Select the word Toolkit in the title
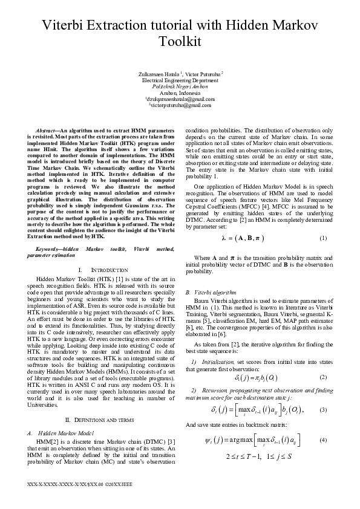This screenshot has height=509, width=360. point(180,42)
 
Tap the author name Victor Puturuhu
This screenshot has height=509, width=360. point(203,74)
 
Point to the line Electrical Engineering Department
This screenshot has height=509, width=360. point(180,80)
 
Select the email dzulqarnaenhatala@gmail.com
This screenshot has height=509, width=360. point(180,99)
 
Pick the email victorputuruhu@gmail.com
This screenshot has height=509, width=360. point(180,105)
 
